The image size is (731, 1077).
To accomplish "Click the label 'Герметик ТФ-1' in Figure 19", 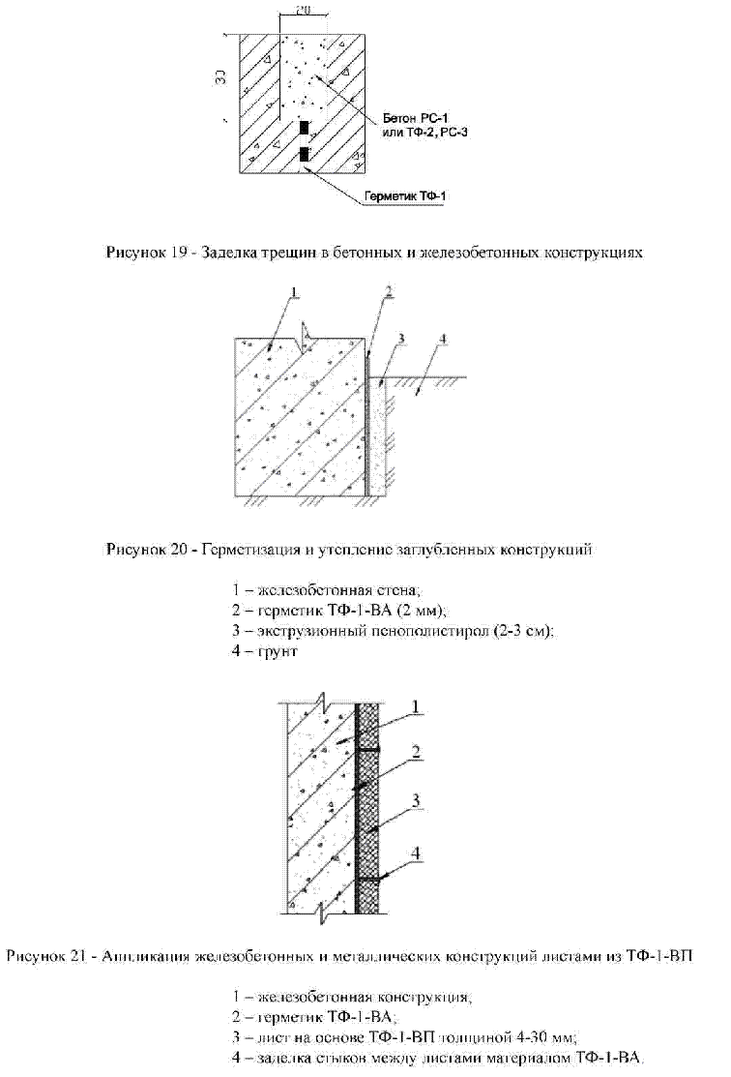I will (x=405, y=196).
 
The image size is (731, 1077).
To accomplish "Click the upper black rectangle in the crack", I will (x=304, y=128).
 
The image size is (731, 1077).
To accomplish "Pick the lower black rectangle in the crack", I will (x=304, y=154).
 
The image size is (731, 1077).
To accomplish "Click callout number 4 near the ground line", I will (x=442, y=339).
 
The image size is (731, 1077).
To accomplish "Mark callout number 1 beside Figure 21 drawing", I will (x=416, y=708).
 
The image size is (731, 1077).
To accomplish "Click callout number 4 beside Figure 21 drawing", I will (x=416, y=853).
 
